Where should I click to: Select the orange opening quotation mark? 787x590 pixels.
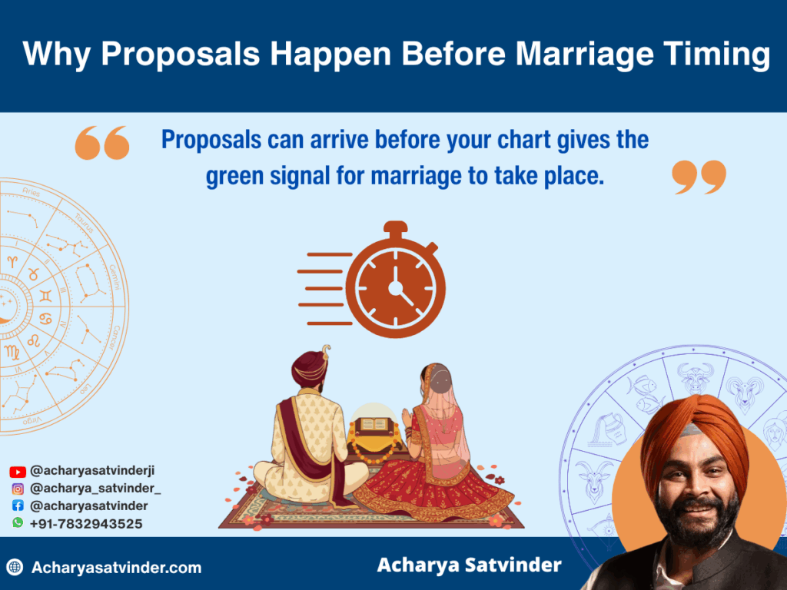[x=102, y=144]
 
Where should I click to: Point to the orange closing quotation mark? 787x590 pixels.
[x=699, y=177]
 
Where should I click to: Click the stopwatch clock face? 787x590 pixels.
[x=395, y=287]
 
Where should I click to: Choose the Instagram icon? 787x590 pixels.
[x=17, y=489]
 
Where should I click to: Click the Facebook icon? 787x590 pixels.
[x=17, y=505]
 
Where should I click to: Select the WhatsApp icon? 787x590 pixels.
[x=17, y=523]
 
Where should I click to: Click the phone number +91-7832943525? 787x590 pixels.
[x=85, y=523]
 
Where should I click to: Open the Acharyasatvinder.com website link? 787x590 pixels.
[x=116, y=568]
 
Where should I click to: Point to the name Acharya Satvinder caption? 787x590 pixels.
[x=469, y=565]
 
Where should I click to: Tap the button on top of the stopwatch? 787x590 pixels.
[x=395, y=228]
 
